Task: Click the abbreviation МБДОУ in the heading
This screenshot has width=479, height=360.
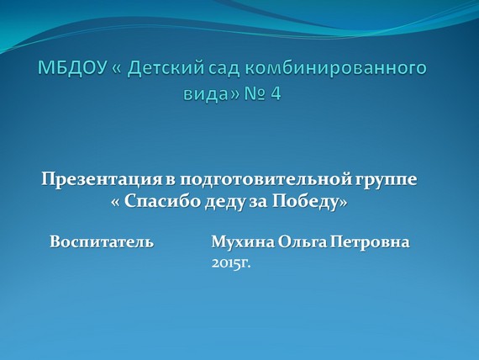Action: coord(73,68)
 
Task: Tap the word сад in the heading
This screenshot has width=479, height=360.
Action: coord(224,68)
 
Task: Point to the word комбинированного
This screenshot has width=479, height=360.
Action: coord(336,68)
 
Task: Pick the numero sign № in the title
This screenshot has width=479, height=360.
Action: coord(255,93)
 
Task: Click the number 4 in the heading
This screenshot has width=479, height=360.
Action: coord(276,93)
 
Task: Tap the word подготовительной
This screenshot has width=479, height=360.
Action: coord(266,180)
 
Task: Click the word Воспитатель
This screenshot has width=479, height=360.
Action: coord(102,241)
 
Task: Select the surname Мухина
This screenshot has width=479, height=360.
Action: coord(243,241)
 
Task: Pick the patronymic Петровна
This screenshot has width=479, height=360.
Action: coord(370,241)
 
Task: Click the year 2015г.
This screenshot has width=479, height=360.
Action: coord(231,263)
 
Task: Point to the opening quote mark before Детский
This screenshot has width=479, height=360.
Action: coord(117,69)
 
